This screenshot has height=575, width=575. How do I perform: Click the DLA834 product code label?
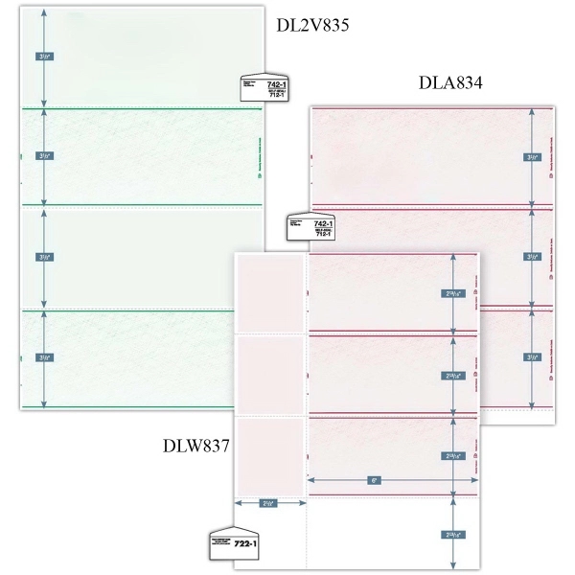(x=448, y=84)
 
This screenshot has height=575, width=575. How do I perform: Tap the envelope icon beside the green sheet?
(x=257, y=89)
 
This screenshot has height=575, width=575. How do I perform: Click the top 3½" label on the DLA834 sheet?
(x=531, y=156)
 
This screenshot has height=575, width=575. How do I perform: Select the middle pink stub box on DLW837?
(x=269, y=372)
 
